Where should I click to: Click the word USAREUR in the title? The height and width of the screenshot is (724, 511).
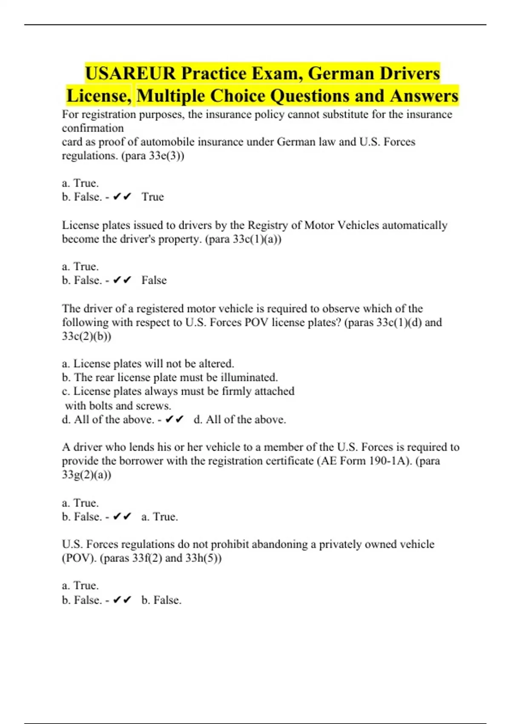(x=130, y=73)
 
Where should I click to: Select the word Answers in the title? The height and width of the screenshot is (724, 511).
(x=424, y=96)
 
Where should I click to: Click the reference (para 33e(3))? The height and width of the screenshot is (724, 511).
(x=153, y=156)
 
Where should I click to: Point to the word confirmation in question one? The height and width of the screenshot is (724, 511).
(x=93, y=128)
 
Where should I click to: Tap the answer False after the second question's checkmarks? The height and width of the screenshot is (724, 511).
(x=154, y=280)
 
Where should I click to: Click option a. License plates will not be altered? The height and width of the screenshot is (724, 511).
(x=148, y=364)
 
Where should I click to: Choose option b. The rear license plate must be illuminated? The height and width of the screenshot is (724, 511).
(x=169, y=377)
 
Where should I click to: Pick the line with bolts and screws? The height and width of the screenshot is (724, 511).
(x=118, y=405)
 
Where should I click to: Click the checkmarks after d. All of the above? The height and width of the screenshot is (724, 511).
(x=174, y=419)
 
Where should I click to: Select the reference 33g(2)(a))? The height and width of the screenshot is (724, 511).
(x=86, y=474)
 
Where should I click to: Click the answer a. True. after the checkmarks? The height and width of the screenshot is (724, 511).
(x=160, y=517)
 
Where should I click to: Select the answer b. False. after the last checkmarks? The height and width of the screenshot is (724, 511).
(x=161, y=600)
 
